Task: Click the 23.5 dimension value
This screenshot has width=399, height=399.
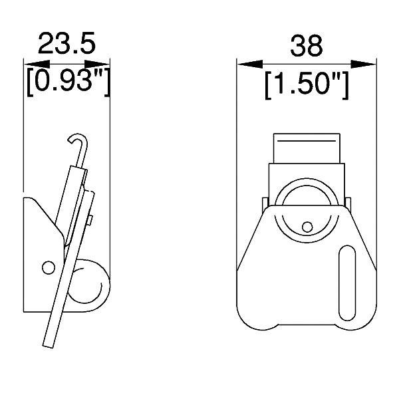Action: point(66,43)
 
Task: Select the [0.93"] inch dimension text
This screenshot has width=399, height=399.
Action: point(68,82)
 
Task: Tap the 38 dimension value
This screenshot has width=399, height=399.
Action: point(307,47)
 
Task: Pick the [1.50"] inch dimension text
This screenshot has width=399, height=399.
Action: point(307,85)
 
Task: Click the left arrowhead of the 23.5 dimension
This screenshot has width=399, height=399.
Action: point(37,64)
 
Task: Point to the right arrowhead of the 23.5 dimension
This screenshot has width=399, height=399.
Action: point(97,64)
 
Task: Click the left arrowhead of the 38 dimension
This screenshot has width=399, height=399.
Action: point(250,64)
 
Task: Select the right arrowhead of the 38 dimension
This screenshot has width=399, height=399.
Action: point(363,64)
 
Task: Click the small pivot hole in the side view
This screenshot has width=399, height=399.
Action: point(49,267)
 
